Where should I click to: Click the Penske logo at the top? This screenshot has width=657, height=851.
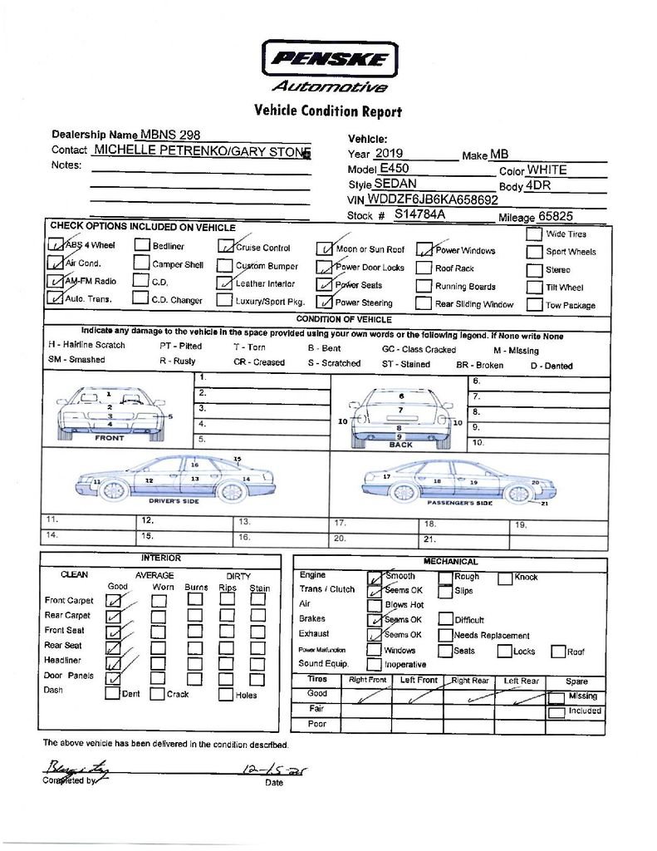pyautogui.click(x=330, y=60)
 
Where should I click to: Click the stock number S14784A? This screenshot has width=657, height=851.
pyautogui.click(x=419, y=214)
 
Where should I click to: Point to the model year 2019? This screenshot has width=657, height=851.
pyautogui.click(x=388, y=154)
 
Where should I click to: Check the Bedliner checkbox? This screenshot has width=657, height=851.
pyautogui.click(x=142, y=245)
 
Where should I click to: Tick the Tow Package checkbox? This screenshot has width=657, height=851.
pyautogui.click(x=533, y=304)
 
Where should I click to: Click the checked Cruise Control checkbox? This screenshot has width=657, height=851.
pyautogui.click(x=225, y=246)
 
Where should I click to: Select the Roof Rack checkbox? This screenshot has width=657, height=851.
pyautogui.click(x=423, y=268)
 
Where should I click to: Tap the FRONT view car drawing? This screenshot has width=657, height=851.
pyautogui.click(x=110, y=412)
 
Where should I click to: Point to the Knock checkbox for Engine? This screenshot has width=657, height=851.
pyautogui.click(x=505, y=578)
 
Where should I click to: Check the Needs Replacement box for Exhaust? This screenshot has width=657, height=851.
pyautogui.click(x=445, y=634)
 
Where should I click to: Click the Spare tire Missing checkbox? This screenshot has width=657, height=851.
pyautogui.click(x=556, y=697)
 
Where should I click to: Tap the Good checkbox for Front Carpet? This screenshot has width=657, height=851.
pyautogui.click(x=114, y=600)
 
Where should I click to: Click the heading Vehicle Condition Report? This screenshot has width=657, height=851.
pyautogui.click(x=327, y=111)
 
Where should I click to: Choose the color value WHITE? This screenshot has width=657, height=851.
pyautogui.click(x=547, y=170)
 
